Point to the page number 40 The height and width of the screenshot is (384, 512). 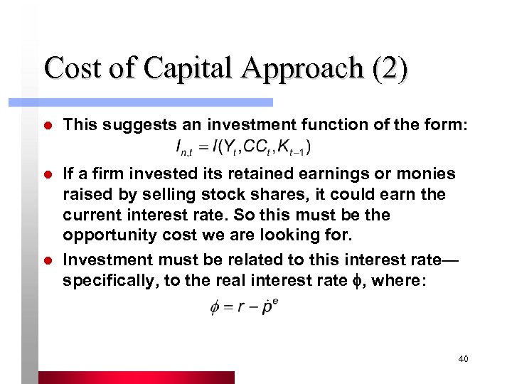(463, 360)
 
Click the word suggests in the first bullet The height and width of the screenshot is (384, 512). (133, 125)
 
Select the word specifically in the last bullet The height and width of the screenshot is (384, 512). (110, 280)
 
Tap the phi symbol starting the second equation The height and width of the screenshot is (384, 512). (215, 309)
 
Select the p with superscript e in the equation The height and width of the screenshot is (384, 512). (269, 308)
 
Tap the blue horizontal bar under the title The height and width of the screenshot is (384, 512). (156, 102)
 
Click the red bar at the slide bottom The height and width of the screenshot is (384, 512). (135, 377)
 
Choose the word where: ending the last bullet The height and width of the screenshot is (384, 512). (402, 280)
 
